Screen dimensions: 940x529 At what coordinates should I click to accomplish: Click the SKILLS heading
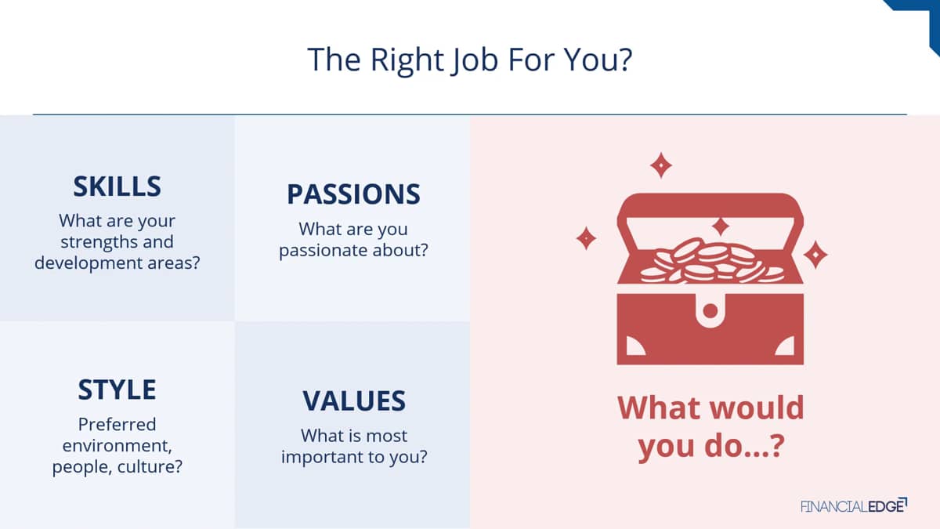tap(117, 187)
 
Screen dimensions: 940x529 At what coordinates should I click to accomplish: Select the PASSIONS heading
tap(353, 194)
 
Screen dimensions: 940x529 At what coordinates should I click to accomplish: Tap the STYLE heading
tap(117, 390)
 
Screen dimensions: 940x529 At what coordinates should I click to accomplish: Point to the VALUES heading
tap(354, 401)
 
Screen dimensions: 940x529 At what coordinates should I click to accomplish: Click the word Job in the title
tap(475, 60)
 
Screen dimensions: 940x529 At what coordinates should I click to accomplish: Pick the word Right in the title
tap(407, 60)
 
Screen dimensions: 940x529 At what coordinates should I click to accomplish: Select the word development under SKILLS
tap(89, 263)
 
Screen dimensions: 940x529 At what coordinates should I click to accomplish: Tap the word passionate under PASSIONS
tap(323, 251)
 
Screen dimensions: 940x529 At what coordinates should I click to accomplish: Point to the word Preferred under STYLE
tap(117, 425)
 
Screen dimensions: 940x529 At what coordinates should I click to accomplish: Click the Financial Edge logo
tap(854, 505)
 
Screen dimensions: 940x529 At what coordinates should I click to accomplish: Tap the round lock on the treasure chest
tap(710, 311)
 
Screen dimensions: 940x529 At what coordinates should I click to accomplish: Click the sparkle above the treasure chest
tap(661, 165)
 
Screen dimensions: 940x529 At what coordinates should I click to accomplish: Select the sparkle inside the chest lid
tap(721, 226)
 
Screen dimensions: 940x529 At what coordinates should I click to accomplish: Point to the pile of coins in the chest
tap(712, 261)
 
